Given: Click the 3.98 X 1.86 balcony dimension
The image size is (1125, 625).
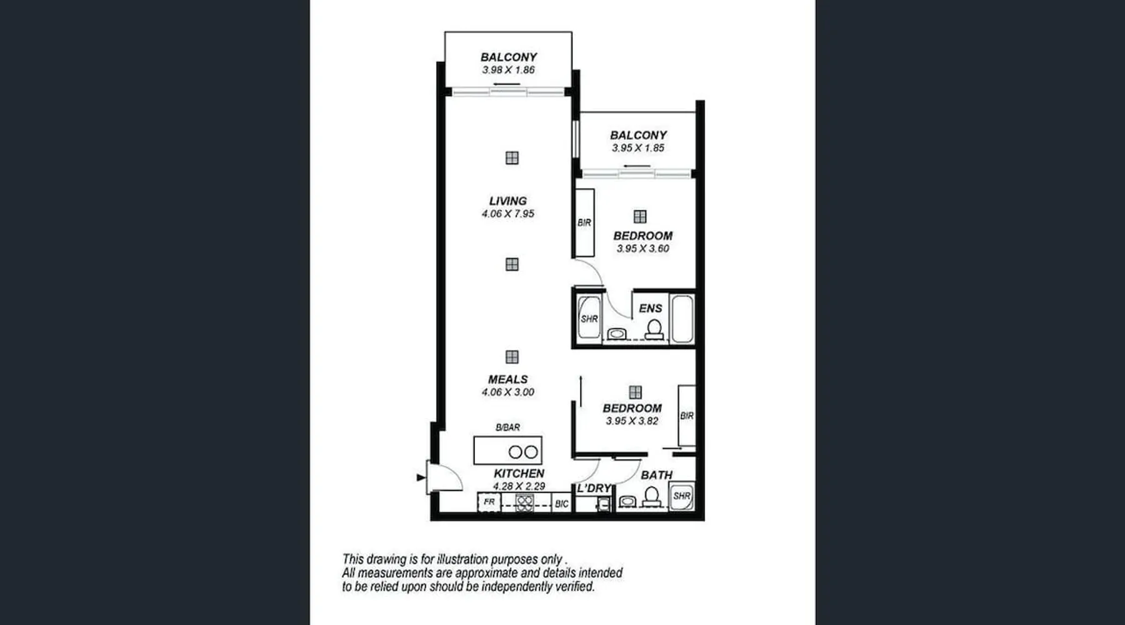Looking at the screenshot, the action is (x=508, y=70).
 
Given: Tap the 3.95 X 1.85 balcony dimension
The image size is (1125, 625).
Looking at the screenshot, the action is (x=637, y=148).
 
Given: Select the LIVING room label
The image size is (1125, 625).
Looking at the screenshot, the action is (x=507, y=201).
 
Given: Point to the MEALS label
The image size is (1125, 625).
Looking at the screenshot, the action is (x=507, y=379).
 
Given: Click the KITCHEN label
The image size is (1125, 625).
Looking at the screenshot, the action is (x=519, y=473).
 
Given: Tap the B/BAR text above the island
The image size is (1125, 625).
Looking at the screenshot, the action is (x=507, y=427).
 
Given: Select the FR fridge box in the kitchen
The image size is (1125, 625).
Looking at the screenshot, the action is (x=489, y=502).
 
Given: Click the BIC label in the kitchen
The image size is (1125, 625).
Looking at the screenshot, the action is (x=561, y=504).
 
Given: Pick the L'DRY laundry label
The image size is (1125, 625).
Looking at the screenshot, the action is (x=594, y=488).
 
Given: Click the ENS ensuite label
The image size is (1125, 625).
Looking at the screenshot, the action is (x=650, y=309).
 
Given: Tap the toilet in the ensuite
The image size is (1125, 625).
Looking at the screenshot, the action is (x=654, y=329).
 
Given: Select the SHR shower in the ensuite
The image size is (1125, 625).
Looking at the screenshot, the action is (x=589, y=318).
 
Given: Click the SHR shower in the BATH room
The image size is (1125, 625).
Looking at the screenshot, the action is (x=681, y=496).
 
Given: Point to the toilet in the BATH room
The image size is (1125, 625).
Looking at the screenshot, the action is (x=651, y=497).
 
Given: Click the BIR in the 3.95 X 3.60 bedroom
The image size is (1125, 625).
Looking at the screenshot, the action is (x=584, y=222).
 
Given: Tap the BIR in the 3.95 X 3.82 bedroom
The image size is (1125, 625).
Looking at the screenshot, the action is (x=686, y=416).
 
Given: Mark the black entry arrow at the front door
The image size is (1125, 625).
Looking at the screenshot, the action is (x=421, y=477).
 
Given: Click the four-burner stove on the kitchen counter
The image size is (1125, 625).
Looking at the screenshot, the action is (x=524, y=502).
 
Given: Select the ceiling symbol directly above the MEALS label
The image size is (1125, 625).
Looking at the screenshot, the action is (x=512, y=357).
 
